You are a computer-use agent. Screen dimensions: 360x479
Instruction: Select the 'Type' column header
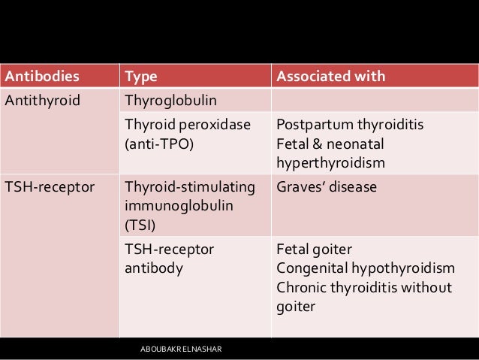click(x=140, y=77)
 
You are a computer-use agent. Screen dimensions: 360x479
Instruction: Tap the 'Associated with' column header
click(x=331, y=77)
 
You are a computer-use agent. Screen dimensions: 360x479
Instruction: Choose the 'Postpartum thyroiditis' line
click(x=350, y=124)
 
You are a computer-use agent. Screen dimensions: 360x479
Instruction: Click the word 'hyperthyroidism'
click(x=331, y=162)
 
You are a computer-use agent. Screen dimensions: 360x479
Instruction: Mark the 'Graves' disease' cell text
click(x=327, y=186)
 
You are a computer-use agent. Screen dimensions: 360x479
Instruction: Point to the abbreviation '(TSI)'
click(x=141, y=224)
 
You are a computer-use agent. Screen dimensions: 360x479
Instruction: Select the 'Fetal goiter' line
click(x=315, y=248)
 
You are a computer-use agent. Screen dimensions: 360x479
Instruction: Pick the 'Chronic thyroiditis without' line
click(x=363, y=287)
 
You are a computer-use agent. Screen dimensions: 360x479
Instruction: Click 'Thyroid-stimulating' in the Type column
click(x=190, y=186)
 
